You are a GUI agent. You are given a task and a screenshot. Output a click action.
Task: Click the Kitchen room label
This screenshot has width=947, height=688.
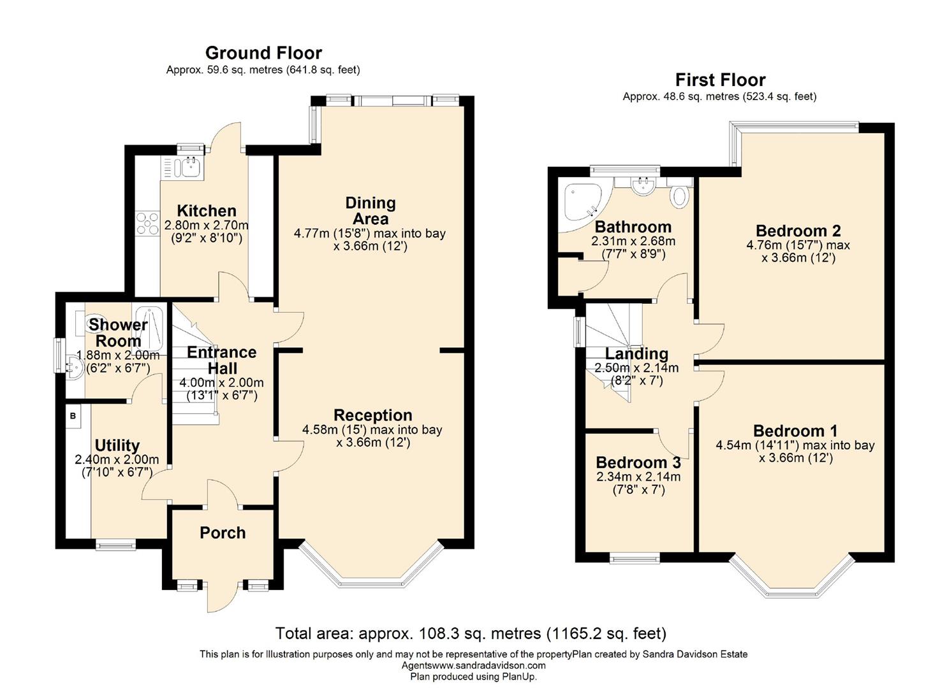point(206,211)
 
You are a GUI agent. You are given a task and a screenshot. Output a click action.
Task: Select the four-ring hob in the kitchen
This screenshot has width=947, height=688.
point(147,223)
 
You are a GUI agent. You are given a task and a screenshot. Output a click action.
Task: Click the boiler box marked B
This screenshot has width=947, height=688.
point(73,416)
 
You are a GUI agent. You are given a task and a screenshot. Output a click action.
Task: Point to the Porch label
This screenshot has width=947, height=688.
point(223,533)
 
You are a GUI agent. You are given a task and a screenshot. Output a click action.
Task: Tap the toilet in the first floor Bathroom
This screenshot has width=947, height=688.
point(680,194)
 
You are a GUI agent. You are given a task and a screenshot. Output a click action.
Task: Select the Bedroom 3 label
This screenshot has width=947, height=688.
point(638,462)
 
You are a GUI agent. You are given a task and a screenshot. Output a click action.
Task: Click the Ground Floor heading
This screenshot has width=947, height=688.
point(263,53)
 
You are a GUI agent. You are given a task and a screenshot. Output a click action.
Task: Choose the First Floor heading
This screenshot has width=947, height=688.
point(720,80)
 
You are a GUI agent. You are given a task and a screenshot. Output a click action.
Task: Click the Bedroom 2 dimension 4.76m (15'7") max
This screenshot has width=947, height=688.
point(798,245)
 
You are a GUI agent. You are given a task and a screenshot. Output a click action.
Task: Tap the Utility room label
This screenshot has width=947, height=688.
point(117,445)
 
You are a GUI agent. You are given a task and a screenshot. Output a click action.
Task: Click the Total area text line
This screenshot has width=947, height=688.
point(471,633)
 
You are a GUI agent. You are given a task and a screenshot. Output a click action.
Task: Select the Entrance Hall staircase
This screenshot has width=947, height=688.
point(195,376)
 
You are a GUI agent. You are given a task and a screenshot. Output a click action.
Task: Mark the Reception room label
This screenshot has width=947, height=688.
point(372,415)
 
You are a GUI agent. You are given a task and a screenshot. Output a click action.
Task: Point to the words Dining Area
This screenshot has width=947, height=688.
point(371,211)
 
